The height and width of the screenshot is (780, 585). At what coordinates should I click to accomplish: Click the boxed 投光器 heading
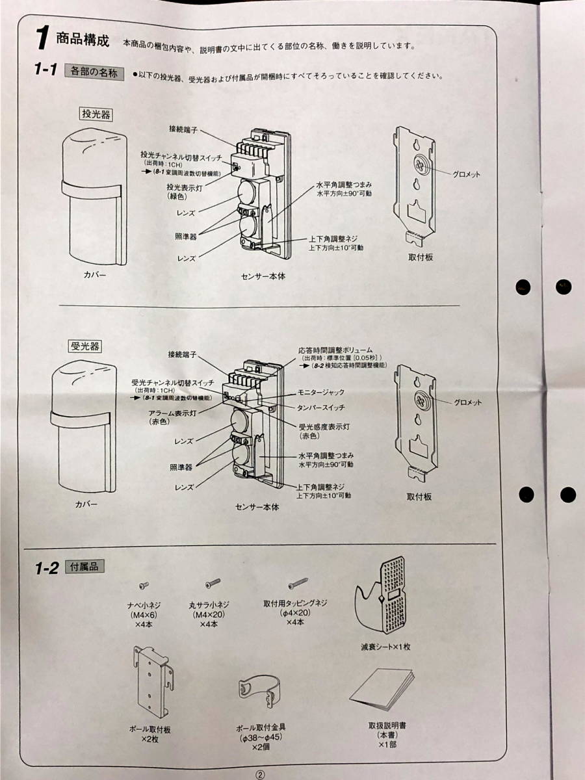(x=95, y=114)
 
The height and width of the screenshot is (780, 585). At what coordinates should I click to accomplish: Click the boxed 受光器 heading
(x=85, y=346)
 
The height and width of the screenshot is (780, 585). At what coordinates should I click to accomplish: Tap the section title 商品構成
(x=83, y=40)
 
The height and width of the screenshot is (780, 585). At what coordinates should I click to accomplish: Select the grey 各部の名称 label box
(x=94, y=73)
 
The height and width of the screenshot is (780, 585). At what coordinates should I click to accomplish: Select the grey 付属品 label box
(x=84, y=566)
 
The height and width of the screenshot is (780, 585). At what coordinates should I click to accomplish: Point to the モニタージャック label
(x=320, y=392)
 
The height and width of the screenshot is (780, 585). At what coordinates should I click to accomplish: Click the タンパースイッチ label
(x=320, y=408)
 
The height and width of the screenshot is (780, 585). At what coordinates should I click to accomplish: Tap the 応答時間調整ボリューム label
(x=335, y=350)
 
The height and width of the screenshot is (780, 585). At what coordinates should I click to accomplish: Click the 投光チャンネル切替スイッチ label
(x=181, y=155)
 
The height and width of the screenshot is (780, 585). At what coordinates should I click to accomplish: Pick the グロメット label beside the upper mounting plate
(x=466, y=174)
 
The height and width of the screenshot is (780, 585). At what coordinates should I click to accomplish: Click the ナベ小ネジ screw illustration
(x=144, y=585)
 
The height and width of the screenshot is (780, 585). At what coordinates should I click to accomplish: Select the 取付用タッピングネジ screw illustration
(x=298, y=582)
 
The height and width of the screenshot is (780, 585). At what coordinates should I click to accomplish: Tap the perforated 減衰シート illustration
(x=381, y=595)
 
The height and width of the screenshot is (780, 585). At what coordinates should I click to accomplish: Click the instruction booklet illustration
(x=383, y=688)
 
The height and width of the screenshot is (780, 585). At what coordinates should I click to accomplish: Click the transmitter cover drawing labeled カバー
(x=94, y=196)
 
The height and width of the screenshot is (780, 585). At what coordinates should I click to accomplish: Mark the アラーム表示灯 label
(x=172, y=413)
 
